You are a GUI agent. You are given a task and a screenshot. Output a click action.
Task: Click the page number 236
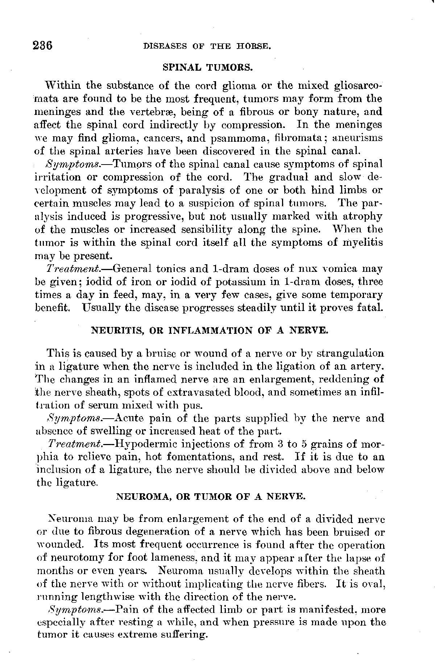[x=43, y=46]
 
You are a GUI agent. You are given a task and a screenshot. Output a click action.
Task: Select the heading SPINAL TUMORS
[x=207, y=67]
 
